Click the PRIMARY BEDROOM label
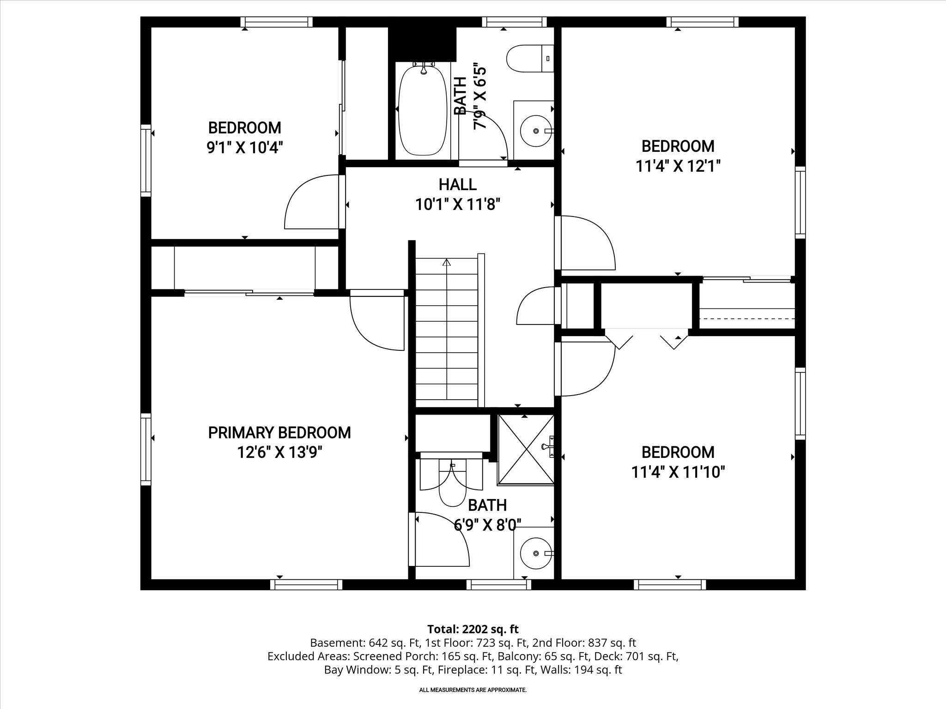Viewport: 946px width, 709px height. point(279,433)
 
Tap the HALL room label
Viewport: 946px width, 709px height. point(457,184)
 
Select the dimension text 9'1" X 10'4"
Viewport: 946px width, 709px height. point(244,148)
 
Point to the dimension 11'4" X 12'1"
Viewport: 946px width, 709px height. point(678,166)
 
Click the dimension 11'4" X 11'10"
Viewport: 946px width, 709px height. point(678,472)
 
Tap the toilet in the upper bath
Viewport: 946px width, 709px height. point(529,59)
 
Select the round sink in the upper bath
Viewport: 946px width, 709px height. point(536,131)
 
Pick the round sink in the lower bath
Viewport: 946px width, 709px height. point(536,553)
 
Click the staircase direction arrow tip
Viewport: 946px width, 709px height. point(446,262)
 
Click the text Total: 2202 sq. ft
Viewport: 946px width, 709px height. point(473,629)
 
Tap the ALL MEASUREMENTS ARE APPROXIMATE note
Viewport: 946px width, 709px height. point(473,690)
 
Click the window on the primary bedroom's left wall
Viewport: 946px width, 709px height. point(146,449)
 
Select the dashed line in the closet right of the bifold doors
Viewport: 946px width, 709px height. point(747,318)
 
